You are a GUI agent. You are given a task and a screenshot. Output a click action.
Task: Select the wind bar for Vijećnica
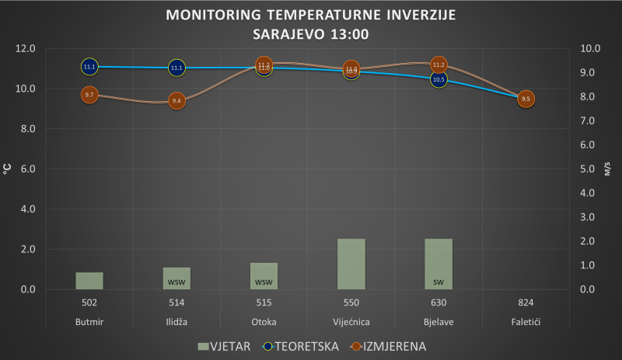tap(351, 264)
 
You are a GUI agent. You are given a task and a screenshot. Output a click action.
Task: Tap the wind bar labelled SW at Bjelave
tap(439, 264)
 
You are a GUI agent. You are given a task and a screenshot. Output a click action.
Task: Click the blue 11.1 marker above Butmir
tap(89, 67)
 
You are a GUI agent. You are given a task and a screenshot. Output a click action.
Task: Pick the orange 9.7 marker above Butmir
tap(89, 95)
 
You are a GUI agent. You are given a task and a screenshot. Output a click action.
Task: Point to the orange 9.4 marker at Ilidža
tap(176, 101)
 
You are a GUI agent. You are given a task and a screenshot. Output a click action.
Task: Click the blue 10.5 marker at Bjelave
tap(439, 79)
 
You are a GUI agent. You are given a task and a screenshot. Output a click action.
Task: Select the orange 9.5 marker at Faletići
tap(526, 99)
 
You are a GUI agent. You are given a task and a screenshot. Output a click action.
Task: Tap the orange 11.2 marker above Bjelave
tap(439, 65)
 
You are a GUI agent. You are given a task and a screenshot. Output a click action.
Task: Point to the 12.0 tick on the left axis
tap(26, 48)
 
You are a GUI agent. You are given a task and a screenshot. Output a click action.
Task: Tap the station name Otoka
tap(264, 322)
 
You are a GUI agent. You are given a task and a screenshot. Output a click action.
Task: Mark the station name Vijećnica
tap(351, 322)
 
